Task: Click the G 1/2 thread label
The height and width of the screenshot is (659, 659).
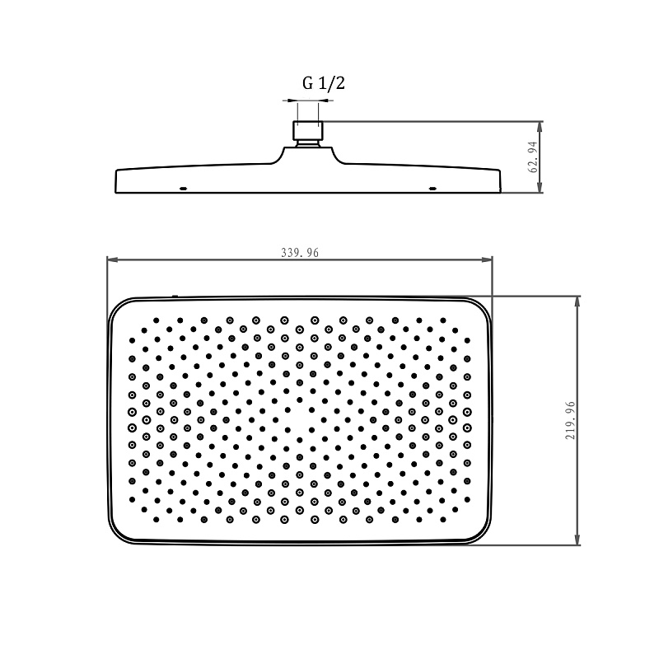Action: (x=324, y=83)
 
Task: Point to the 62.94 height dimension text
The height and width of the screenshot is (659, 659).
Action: (x=532, y=157)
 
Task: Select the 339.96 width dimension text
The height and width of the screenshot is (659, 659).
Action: (x=300, y=253)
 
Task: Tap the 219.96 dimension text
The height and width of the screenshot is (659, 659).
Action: (x=570, y=421)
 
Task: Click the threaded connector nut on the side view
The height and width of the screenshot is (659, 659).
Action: (x=308, y=130)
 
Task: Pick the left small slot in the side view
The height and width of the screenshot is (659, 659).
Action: (x=183, y=189)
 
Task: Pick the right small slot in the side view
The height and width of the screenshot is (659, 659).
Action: (x=432, y=189)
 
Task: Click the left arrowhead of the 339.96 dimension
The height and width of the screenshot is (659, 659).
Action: (x=112, y=259)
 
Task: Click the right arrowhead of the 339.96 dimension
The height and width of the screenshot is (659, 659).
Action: (x=487, y=259)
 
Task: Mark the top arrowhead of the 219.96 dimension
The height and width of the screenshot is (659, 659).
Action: (x=577, y=301)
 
